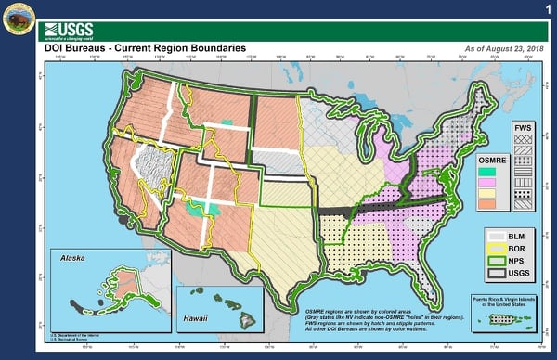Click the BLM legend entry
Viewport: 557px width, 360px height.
507,238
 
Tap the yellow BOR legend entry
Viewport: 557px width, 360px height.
507,251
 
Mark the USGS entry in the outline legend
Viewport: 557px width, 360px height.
507,274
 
